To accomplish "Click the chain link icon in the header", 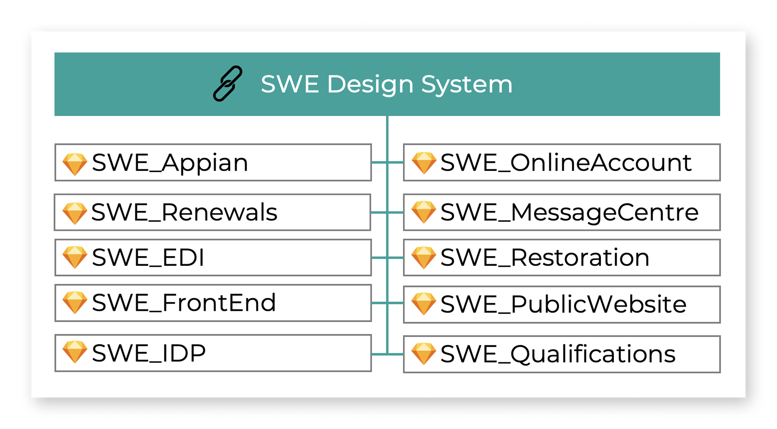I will (227, 84).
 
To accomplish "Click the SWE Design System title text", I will (386, 84).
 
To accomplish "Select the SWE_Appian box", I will (213, 162).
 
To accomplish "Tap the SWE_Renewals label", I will (184, 212).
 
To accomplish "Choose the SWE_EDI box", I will (213, 257).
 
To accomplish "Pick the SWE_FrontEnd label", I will (184, 303).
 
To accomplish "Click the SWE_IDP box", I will (213, 353).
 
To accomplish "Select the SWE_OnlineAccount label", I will (566, 163).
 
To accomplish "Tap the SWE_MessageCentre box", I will (562, 212).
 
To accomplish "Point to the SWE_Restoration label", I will (545, 257).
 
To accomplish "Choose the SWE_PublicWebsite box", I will (562, 304).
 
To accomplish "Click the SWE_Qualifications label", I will (558, 354).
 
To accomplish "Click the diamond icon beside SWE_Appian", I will (75, 164).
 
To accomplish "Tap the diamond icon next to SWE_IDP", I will (75, 352).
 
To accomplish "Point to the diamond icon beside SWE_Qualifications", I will (424, 353).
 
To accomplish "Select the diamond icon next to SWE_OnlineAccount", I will (424, 163).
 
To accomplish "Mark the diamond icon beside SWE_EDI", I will (75, 257).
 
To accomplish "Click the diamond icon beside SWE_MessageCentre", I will (424, 212).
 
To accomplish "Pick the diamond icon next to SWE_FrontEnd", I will (75, 302).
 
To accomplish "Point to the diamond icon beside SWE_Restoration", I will (424, 257).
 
